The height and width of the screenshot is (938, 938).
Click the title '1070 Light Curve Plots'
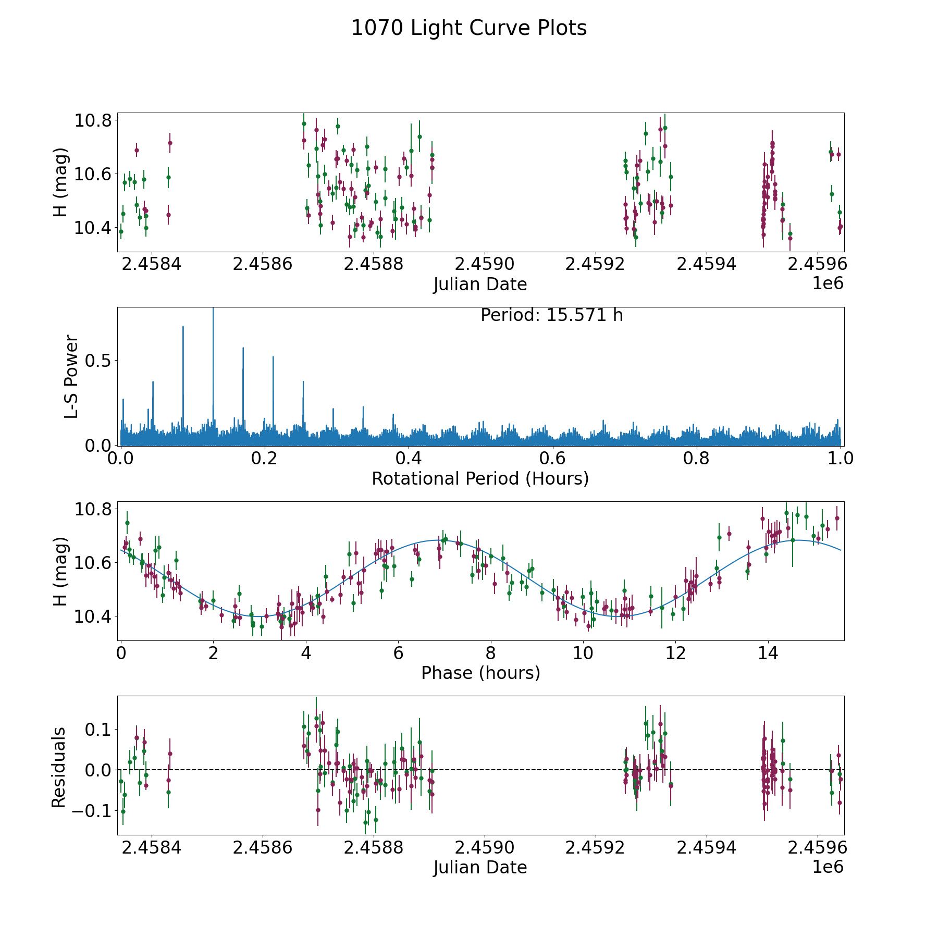coord(469,28)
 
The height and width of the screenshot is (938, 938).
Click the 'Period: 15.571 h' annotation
coord(551,315)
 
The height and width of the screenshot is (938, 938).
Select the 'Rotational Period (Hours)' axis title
coord(480,478)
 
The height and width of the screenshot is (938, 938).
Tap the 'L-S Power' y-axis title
coord(71,376)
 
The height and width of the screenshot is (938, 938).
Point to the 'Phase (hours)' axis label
coord(480,673)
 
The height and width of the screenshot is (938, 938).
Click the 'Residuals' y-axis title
coord(58,767)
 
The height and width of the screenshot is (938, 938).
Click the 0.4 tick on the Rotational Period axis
coord(409,459)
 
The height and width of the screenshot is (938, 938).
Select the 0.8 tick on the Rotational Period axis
coord(697,459)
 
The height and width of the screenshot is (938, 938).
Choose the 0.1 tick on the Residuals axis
coord(98,729)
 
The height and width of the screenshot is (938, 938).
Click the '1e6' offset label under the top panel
coord(828,283)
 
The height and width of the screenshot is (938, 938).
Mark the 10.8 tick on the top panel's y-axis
coord(93,121)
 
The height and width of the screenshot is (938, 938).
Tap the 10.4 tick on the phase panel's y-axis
coord(93,616)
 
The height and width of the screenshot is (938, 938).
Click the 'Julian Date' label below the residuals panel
coord(480,867)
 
